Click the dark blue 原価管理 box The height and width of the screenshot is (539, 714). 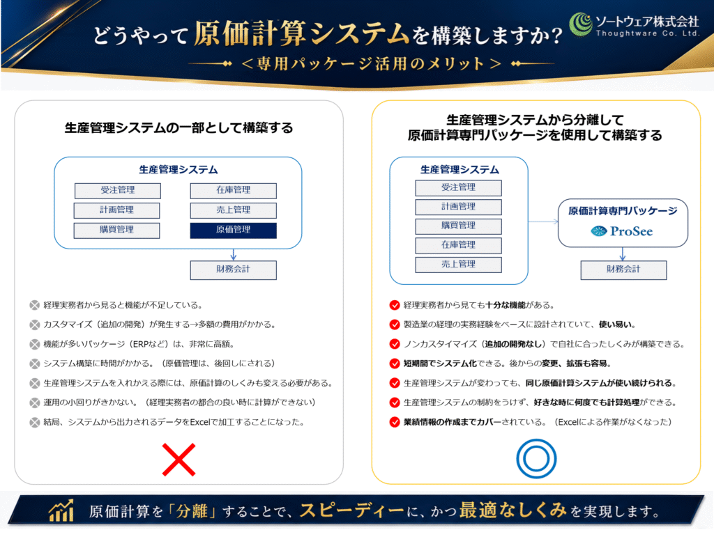coord(233,231)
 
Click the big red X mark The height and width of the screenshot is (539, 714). coord(179,460)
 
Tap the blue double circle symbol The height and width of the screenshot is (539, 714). coord(536,458)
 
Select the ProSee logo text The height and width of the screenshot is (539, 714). coord(631,231)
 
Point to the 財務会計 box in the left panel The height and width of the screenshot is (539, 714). coord(233,269)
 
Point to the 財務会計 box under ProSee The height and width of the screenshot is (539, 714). coord(623,269)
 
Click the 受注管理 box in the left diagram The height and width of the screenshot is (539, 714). coord(117,191)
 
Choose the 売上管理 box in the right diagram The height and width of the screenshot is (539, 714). coord(458,265)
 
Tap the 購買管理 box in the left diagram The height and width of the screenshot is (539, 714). coord(116,231)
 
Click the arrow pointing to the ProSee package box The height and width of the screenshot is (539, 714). coord(543,221)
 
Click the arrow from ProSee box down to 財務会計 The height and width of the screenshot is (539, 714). coord(623,253)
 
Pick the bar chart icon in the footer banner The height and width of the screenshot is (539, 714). coord(61,510)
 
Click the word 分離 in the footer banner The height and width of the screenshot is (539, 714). coord(192,511)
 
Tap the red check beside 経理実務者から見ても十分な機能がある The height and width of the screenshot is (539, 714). coord(395,305)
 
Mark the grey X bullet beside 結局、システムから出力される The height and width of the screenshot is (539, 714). coord(35,423)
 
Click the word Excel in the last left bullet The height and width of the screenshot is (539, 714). coord(200,423)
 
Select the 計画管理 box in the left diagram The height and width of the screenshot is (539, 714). coord(116,210)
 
